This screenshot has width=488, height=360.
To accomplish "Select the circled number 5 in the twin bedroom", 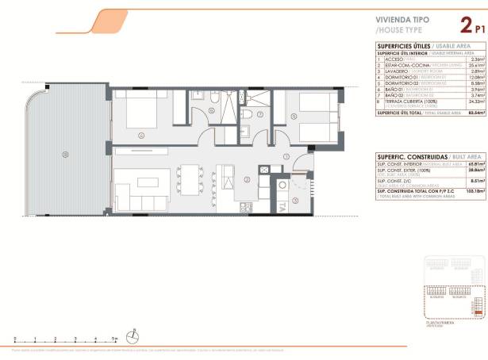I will click(x=294, y=117).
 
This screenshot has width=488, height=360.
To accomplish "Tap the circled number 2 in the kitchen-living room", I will click(x=225, y=179).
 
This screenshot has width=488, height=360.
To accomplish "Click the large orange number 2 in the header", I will click(x=455, y=25).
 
